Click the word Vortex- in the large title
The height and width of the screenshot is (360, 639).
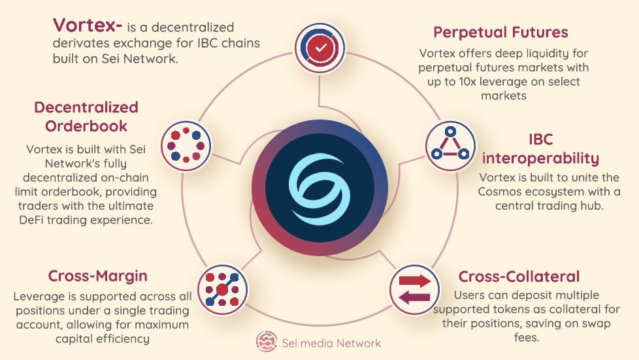pos(87,25)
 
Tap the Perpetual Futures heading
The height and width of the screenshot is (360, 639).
pos(500,32)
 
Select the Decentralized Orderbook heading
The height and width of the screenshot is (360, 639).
pos(86,116)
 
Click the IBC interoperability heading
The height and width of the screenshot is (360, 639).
pos(540,149)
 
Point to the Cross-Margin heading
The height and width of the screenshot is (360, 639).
pos(98,276)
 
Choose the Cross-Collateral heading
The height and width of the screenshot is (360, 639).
pos(519,276)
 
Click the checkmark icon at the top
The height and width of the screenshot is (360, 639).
pos(320,48)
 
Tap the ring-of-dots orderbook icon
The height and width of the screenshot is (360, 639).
pos(186,146)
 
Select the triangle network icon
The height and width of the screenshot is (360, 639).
pos(450,146)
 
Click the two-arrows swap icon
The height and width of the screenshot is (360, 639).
pos(414,290)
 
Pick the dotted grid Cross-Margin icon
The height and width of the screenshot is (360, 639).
pos(223,289)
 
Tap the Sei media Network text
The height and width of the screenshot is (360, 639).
pos(331,343)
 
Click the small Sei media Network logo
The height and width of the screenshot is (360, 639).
pos(267,341)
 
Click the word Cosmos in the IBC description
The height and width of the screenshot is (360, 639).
pos(498,191)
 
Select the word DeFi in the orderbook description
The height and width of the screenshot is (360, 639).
pos(31,220)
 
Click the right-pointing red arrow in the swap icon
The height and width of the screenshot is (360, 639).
pos(414,281)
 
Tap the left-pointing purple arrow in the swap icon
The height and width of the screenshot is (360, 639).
pos(414,298)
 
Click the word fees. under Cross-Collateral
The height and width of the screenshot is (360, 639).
pos(526,338)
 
